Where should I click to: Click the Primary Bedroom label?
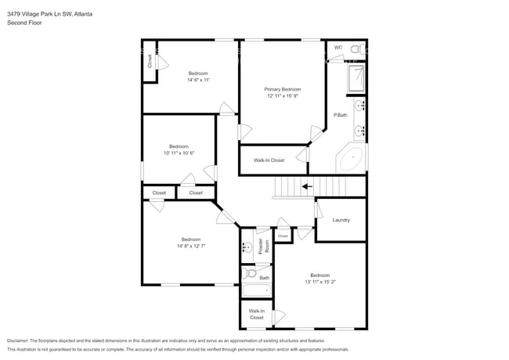coord(282,89)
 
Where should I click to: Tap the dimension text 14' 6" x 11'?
coord(197,80)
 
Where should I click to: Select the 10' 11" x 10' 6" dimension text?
coord(179,153)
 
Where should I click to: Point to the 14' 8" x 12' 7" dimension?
coord(190,246)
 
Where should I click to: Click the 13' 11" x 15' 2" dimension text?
coord(319,282)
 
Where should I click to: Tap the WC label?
coord(338,48)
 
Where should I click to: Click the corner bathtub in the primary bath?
coord(352,159)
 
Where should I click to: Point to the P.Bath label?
coord(340,115)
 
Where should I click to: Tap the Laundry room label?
coord(341,220)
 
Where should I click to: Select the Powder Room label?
coord(266,246)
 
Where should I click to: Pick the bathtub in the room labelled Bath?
coord(255,290)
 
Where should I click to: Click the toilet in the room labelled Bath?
coord(248,274)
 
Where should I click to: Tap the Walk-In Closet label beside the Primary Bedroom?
coord(269,160)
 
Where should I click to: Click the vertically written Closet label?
coord(150,61)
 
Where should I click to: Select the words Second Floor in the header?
coord(24,23)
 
